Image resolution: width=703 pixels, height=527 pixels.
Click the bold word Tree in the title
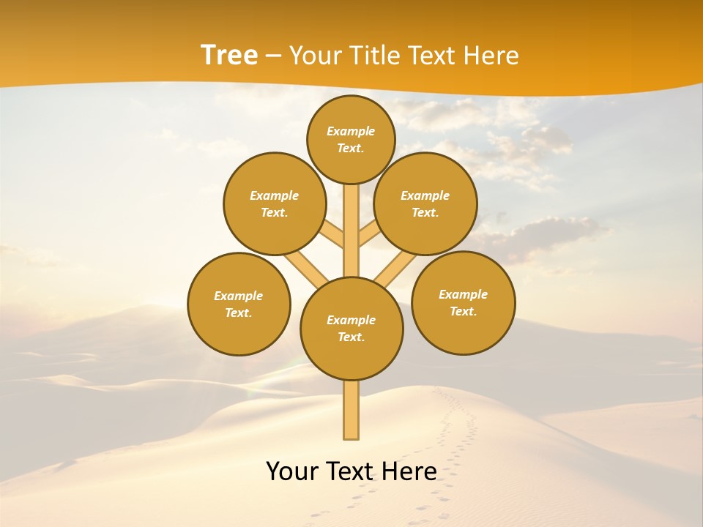(229, 55)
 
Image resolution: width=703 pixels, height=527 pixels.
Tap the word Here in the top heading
(494, 55)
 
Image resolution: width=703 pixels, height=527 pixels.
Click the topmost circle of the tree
(351, 139)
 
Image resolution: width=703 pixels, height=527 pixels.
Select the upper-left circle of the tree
(275, 203)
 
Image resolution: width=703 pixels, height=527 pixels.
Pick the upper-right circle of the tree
(425, 203)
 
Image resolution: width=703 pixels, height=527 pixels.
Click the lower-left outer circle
(239, 304)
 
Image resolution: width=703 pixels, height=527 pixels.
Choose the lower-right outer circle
(463, 302)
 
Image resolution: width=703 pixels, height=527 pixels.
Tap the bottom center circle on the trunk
(351, 328)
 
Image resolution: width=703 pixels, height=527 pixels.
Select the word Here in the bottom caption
(410, 471)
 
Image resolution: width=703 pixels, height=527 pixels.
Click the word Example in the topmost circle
(351, 131)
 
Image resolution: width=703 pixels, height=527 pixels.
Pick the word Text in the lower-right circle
(463, 311)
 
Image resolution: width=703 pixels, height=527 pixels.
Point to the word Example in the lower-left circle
(239, 296)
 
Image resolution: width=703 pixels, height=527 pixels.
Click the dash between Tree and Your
(273, 56)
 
